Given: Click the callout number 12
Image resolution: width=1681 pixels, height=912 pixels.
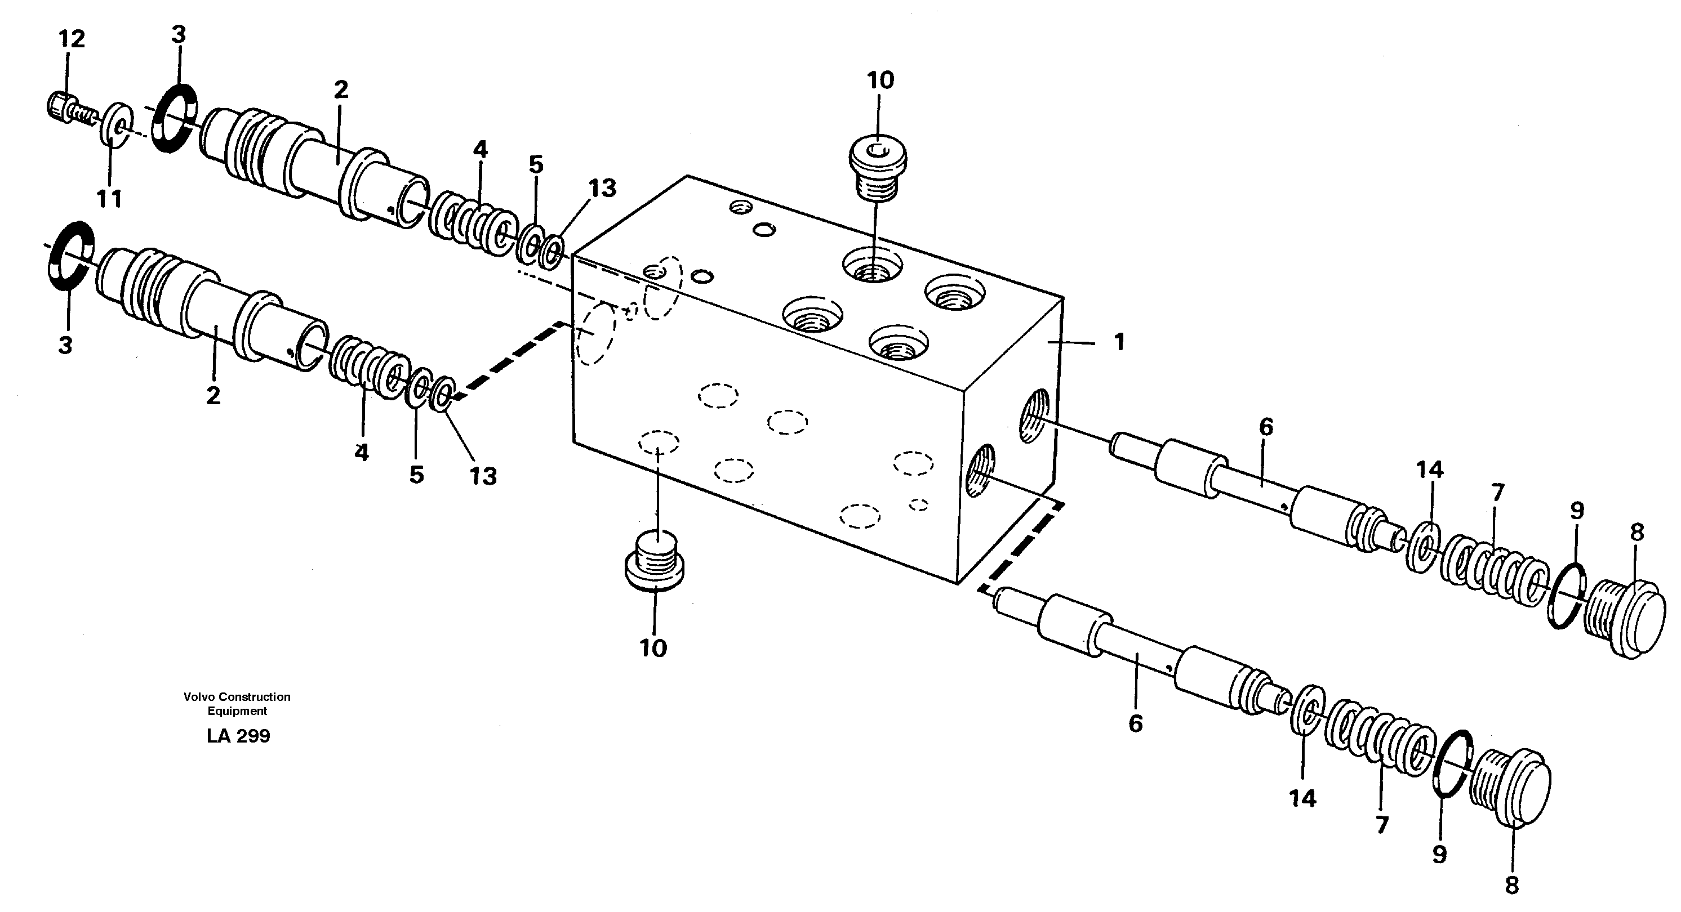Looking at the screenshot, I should [72, 39].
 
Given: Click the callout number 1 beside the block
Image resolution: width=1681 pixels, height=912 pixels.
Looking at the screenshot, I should [1118, 341].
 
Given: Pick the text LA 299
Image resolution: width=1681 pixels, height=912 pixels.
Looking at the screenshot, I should [238, 736].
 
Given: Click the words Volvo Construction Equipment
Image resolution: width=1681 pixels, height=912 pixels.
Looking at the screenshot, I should [237, 703].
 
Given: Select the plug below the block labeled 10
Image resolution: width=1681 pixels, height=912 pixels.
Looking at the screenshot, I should [655, 561].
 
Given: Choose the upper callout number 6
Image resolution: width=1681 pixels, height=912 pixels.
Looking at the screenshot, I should [1265, 428].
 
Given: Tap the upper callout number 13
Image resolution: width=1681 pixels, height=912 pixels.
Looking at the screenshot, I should [602, 188].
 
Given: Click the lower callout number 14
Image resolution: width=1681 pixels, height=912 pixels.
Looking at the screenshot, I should [1302, 798].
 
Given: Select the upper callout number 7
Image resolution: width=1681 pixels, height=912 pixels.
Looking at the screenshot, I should [1497, 492].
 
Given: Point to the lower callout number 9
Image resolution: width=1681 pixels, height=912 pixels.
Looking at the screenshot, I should [1439, 854].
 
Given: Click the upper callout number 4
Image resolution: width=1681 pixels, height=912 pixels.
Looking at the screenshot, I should [479, 149].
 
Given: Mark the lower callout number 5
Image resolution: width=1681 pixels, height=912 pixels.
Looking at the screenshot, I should [416, 474].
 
